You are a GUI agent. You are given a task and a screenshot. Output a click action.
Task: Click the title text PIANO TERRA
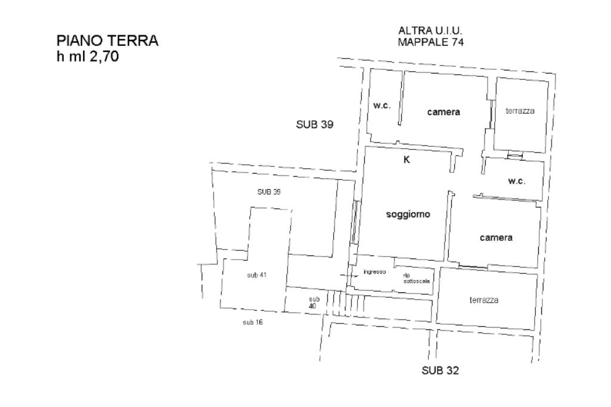coord(107,41)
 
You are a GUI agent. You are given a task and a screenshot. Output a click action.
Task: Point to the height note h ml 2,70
coord(88,57)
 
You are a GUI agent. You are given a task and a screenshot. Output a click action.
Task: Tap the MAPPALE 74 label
coord(431,42)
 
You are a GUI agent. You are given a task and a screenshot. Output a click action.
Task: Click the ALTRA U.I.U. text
coord(430,30)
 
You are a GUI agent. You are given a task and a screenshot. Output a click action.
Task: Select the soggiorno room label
coord(408,214)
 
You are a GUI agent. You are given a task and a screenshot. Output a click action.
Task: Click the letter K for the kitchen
coord(406,160)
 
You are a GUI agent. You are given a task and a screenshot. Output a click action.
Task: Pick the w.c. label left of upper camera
coord(381,105)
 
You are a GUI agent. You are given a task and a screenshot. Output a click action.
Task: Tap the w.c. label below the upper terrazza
coord(517,181)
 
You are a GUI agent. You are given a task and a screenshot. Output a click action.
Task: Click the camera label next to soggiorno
coord(496,238)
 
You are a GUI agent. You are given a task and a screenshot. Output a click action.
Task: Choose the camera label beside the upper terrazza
coord(443,112)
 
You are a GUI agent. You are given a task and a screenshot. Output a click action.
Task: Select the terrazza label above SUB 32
coord(484,300)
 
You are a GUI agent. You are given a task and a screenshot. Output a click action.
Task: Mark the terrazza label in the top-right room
coord(520,111)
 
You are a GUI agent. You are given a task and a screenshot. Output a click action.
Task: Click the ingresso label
coord(375,272)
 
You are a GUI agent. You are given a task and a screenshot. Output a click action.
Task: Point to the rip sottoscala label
coord(416,278)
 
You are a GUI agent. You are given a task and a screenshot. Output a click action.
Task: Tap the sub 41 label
coord(257,275)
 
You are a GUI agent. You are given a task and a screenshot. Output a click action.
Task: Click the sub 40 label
coord(313,303)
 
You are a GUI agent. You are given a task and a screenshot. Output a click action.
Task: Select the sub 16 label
coord(253,322)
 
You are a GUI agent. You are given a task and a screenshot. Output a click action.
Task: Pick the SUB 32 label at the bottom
coord(440,370)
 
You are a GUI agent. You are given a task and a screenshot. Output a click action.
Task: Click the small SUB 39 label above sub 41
coord(269,192)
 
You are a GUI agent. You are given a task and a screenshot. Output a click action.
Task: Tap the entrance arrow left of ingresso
coord(349,276)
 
